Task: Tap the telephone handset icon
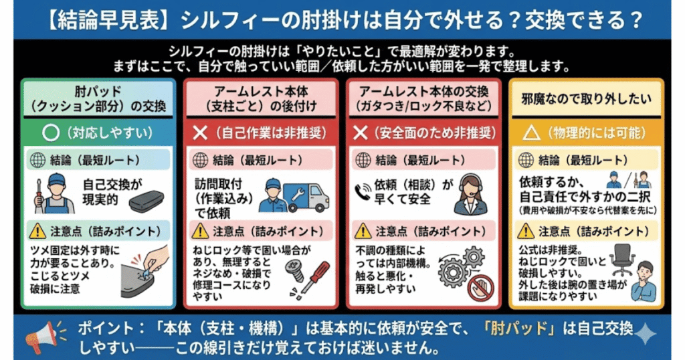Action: pos(361,190)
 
